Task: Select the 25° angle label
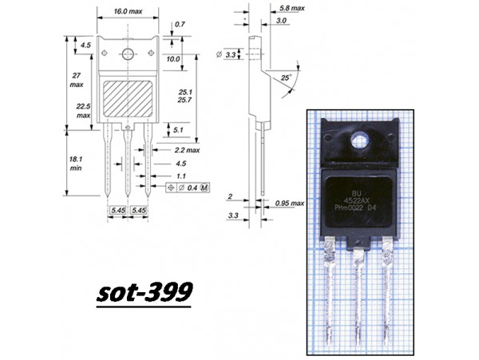[286, 78]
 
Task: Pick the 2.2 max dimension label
[186, 149]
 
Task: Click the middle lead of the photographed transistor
[358, 295]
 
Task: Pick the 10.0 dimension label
[173, 59]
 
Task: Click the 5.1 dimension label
[177, 129]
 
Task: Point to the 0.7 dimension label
[180, 25]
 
